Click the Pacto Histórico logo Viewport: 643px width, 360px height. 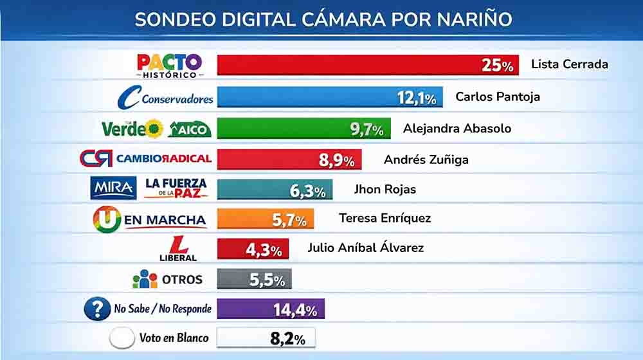[170, 65]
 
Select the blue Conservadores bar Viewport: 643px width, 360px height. [329, 96]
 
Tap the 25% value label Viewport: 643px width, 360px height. [498, 66]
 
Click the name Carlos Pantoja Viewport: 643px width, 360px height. [497, 97]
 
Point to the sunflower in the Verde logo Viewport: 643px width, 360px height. [154, 129]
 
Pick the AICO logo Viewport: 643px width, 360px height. [189, 129]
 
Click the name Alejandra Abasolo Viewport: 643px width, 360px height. [457, 128]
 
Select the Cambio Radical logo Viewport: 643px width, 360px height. [145, 159]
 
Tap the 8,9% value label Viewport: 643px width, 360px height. [336, 160]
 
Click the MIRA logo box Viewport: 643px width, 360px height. [113, 188]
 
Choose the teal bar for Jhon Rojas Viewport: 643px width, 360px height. [275, 189]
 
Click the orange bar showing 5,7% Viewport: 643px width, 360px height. [265, 219]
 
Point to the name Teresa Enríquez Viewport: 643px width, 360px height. [385, 219]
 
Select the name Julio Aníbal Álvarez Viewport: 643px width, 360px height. [365, 248]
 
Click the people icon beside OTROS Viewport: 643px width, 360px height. [145, 279]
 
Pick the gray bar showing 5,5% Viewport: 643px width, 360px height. [254, 278]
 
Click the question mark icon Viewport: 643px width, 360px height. [98, 309]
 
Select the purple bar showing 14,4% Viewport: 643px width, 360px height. [270, 309]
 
